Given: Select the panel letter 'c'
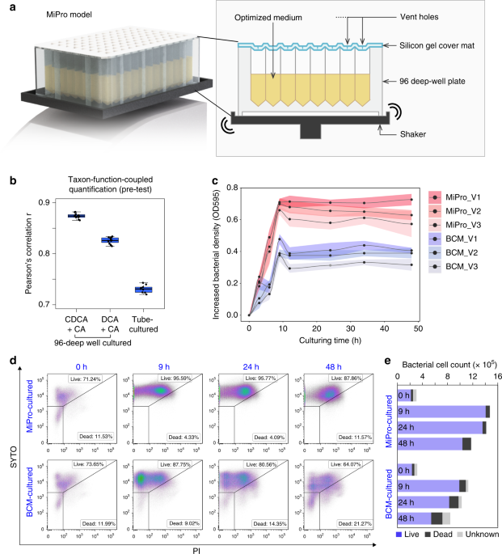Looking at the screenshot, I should tap(213, 182).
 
